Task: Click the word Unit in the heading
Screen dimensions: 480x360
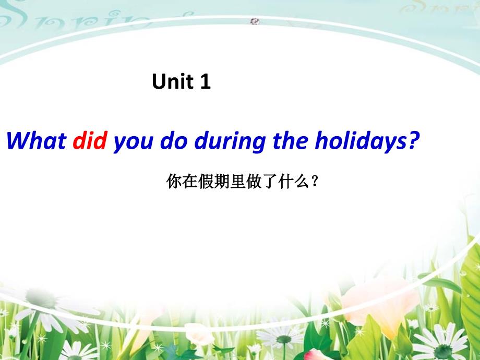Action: pos(172,81)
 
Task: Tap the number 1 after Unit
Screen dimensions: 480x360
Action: pos(206,81)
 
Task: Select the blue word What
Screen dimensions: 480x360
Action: pos(37,140)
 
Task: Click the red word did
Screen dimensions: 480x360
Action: pos(90,140)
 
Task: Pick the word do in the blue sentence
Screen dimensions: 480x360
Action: pos(174,140)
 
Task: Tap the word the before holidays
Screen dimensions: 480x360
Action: pos(290,140)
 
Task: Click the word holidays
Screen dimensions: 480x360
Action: pos(359,142)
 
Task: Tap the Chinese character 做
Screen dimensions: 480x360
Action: pos(254,182)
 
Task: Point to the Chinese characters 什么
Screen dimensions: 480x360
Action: pos(294,182)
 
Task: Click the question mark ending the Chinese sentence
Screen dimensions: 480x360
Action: pos(314,182)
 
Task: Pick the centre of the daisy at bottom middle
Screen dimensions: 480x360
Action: pos(284,339)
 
